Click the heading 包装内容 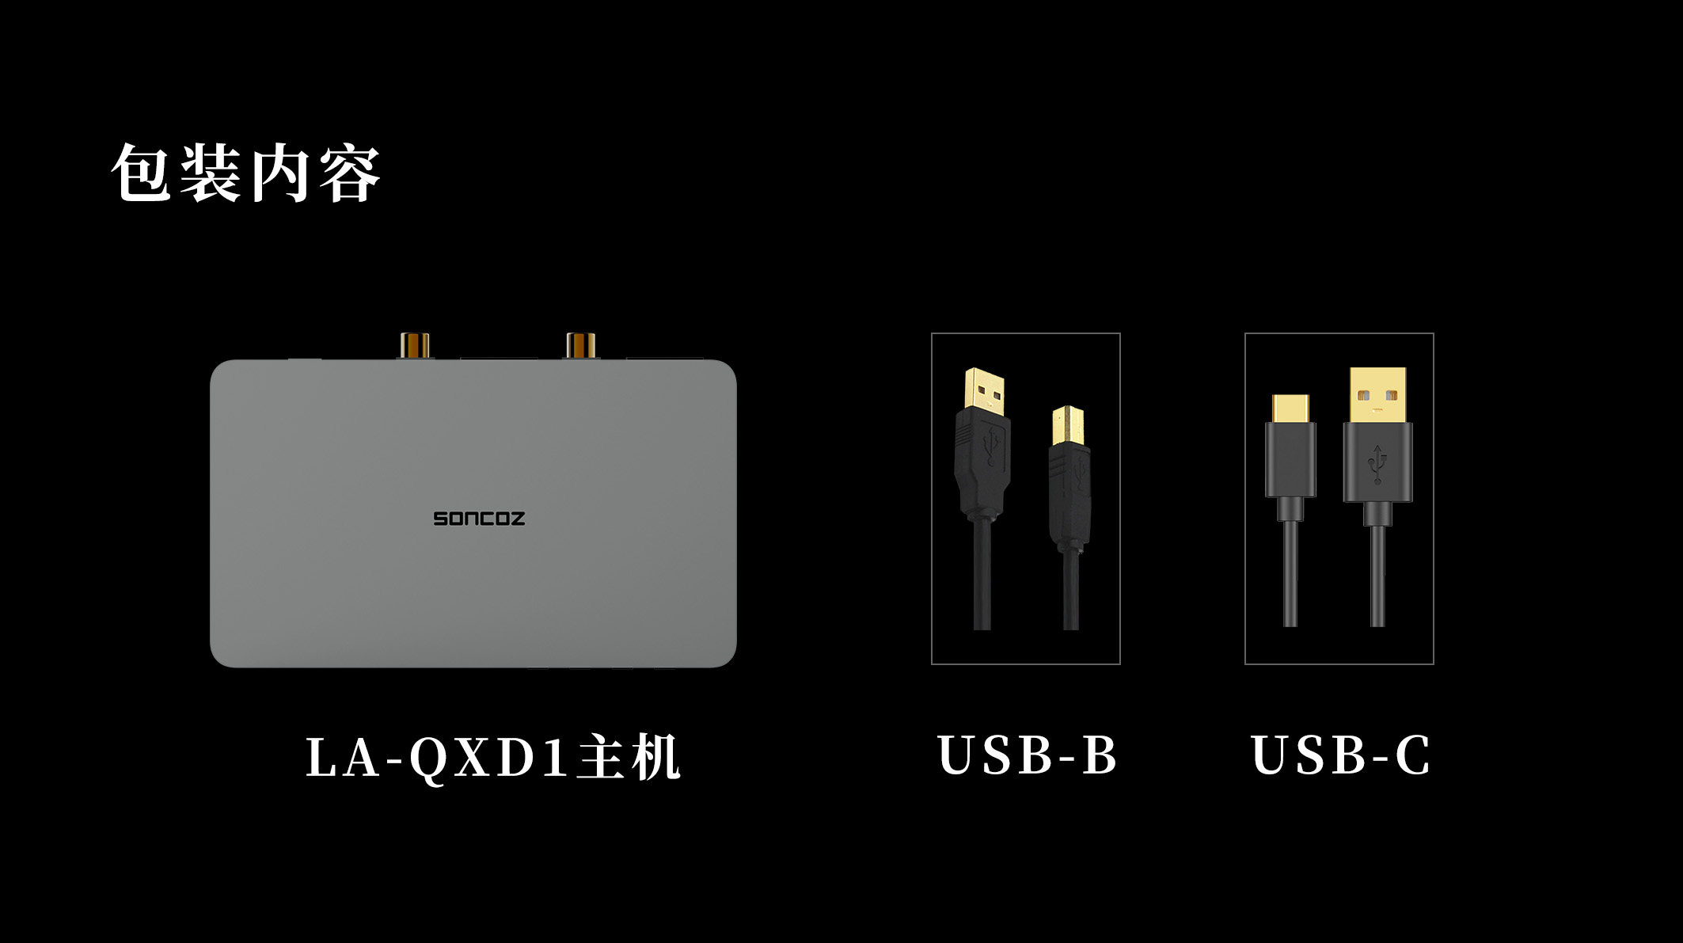[x=246, y=173]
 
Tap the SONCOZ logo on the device [x=479, y=519]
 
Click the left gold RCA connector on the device [x=415, y=345]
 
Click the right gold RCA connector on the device [x=581, y=345]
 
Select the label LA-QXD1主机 [x=492, y=758]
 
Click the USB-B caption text [x=1027, y=755]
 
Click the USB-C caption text [x=1340, y=755]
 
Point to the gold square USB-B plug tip [x=1068, y=426]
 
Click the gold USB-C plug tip [x=1290, y=409]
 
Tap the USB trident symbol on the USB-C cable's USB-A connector [x=1377, y=464]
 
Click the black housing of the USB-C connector [x=1290, y=459]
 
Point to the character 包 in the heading [x=142, y=173]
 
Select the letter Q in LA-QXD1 [x=429, y=759]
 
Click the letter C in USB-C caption [x=1412, y=755]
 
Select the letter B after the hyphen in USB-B [x=1100, y=755]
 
